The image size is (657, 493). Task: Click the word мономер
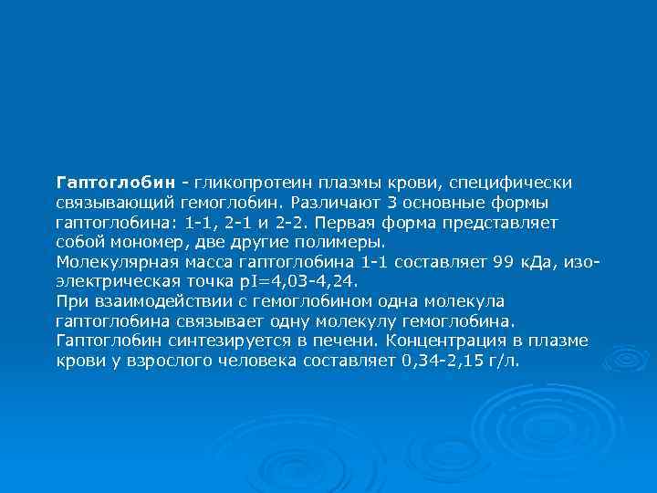(x=149, y=241)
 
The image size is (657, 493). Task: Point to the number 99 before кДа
(x=503, y=261)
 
